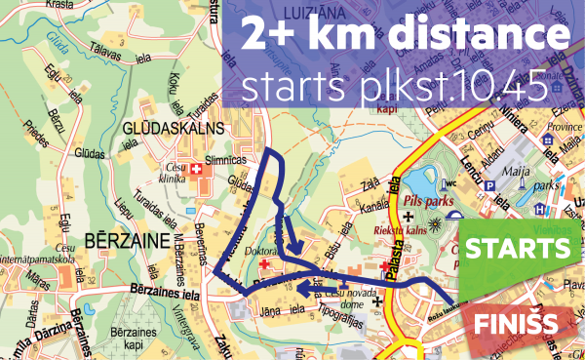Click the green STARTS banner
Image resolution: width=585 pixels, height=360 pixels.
(x=517, y=249)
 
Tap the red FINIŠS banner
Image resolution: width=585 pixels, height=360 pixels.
(x=517, y=322)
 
